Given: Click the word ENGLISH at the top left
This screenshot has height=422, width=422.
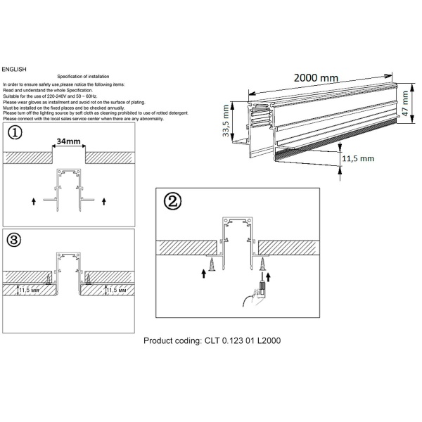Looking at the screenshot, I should [14, 70].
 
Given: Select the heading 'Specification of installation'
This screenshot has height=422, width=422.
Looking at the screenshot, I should [83, 76].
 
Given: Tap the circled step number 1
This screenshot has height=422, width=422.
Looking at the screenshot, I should [15, 133].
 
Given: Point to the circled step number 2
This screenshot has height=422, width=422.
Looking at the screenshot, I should [171, 201].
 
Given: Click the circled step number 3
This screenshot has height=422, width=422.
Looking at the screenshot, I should [14, 240].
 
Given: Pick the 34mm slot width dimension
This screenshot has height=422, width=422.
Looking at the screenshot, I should [68, 141].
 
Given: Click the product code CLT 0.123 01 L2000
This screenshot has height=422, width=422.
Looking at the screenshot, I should [212, 340].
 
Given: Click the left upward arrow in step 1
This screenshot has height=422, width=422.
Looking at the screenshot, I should [33, 202].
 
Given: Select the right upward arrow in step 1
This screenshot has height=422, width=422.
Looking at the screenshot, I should [104, 202].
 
